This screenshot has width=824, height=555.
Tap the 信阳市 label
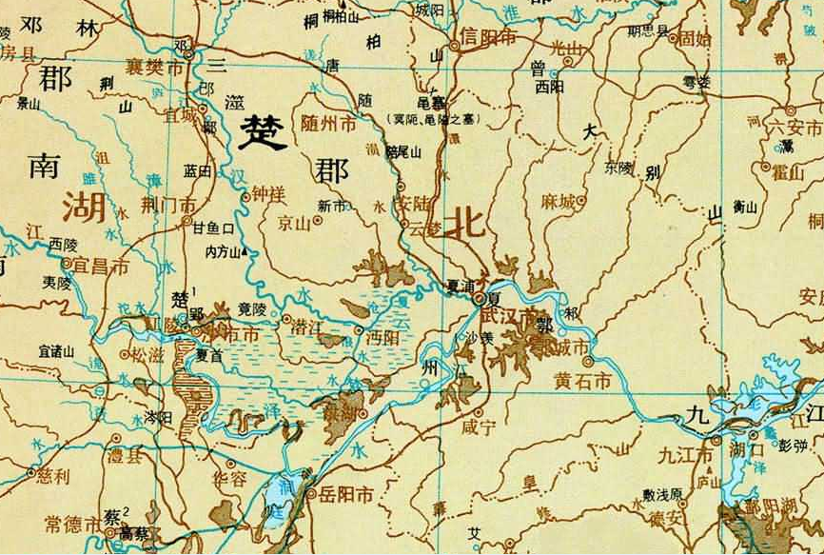[488, 38]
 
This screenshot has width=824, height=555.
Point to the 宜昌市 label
[100, 268]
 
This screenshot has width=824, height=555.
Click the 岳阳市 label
[344, 494]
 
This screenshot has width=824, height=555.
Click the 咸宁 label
[486, 427]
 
